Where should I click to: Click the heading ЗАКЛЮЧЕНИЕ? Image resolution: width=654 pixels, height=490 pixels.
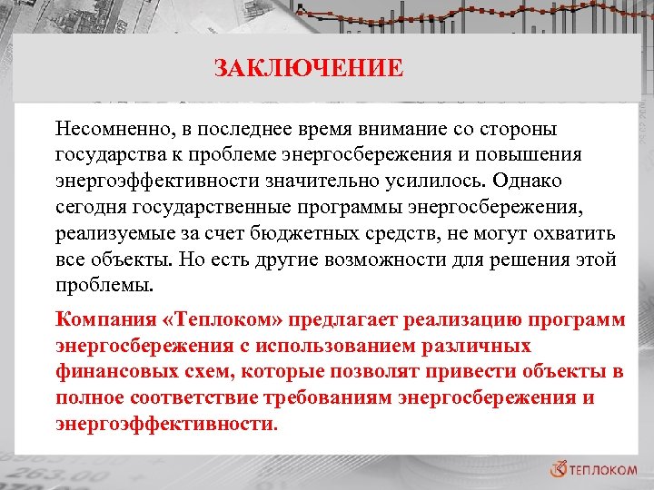pyautogui.click(x=308, y=68)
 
